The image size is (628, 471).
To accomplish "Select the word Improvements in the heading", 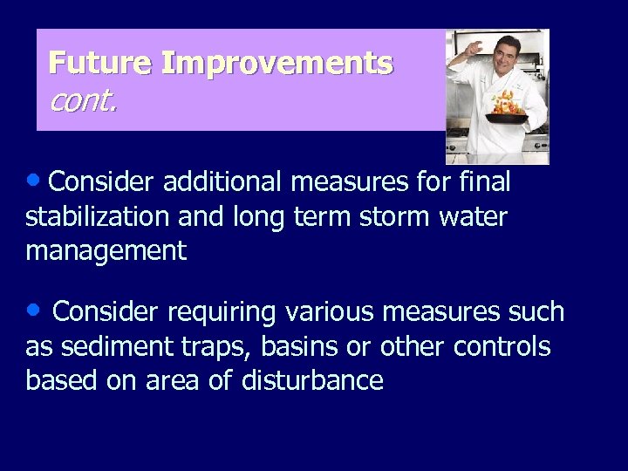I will click(277, 64).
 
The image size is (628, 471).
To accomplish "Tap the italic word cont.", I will click(83, 101).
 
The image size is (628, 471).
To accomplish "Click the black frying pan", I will click(508, 119).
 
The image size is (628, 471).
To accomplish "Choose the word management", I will click(106, 251).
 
